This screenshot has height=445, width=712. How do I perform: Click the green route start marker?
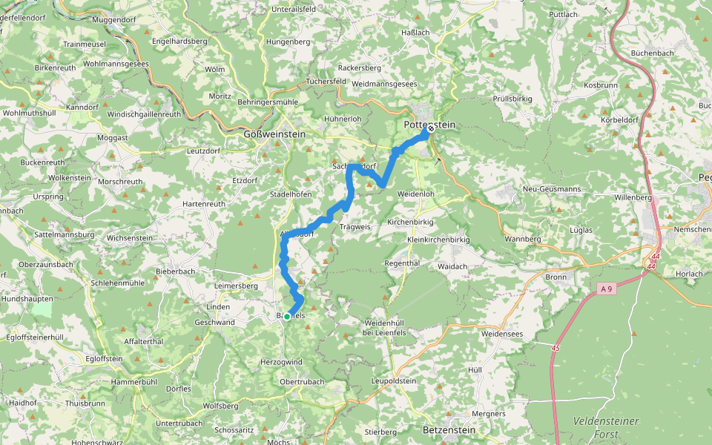coord(287,317)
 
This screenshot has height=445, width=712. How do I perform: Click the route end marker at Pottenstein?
coord(431,128)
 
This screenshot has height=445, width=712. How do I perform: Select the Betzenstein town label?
coord(446,429)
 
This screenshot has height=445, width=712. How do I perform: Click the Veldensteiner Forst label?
coord(606,428)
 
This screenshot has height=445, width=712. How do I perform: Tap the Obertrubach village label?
coord(303,381)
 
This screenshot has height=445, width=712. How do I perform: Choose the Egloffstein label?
coord(104,358)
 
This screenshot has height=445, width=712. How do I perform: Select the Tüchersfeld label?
coord(326,81)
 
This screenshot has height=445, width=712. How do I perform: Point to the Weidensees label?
coord(502,334)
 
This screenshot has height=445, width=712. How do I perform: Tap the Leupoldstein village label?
coord(392,380)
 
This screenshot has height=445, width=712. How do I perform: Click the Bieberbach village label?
coord(175,271)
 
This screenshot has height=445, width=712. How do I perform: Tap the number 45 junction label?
coord(556,347)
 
